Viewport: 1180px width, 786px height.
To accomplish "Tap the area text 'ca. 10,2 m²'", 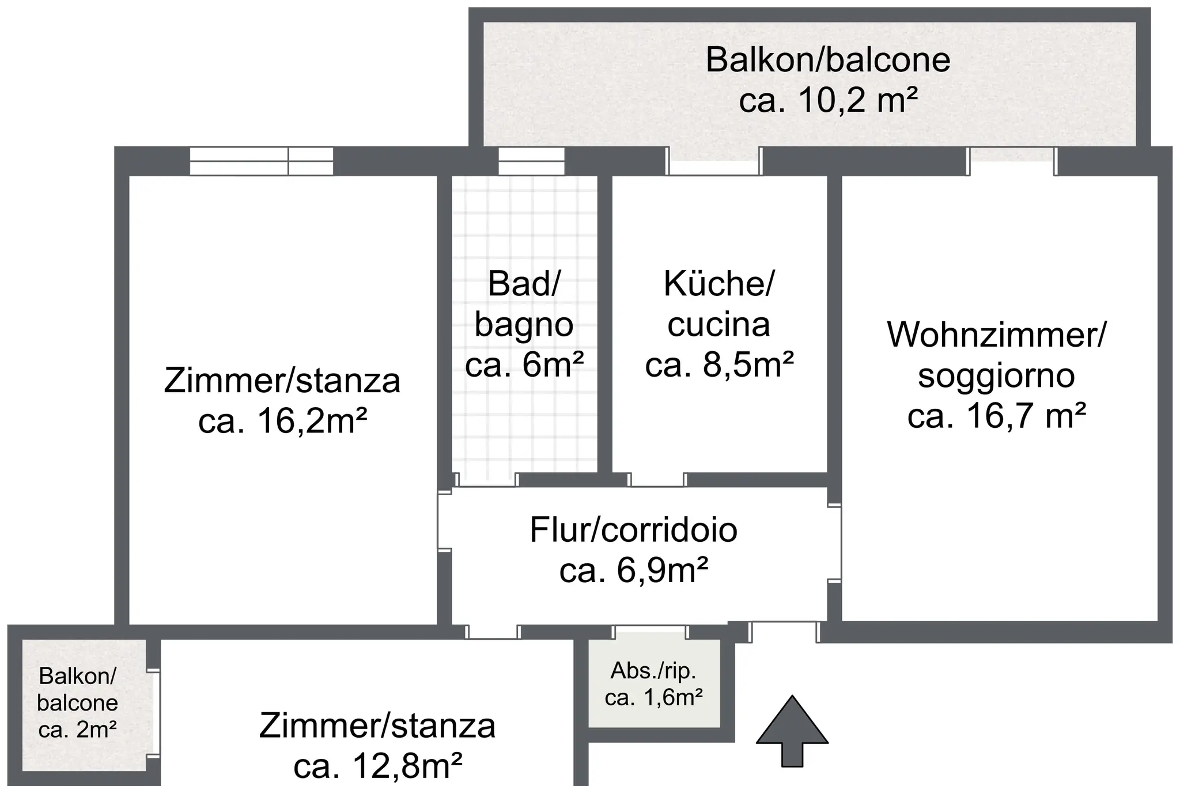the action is (x=828, y=100).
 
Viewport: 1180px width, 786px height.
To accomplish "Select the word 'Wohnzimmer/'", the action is (x=996, y=335).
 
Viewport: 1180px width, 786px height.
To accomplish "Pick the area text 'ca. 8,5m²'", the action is (x=720, y=364).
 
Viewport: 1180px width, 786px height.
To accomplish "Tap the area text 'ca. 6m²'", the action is (x=524, y=364).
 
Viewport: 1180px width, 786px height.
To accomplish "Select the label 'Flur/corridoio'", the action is (x=634, y=530).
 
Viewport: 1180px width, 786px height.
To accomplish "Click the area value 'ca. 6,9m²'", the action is (x=634, y=570).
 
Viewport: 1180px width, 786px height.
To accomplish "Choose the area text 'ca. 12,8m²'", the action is (x=377, y=766).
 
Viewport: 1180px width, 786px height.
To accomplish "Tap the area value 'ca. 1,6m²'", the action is (x=653, y=697).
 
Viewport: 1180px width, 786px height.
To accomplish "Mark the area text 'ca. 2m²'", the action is (x=78, y=730).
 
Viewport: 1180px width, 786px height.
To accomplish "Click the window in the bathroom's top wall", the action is (x=531, y=161).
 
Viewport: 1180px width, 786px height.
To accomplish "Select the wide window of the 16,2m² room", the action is (x=262, y=161).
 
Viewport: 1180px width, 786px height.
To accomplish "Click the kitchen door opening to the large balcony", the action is (x=714, y=161).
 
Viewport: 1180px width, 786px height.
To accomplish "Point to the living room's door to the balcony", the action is (x=1012, y=161).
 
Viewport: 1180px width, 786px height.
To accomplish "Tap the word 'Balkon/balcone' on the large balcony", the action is (x=828, y=60).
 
